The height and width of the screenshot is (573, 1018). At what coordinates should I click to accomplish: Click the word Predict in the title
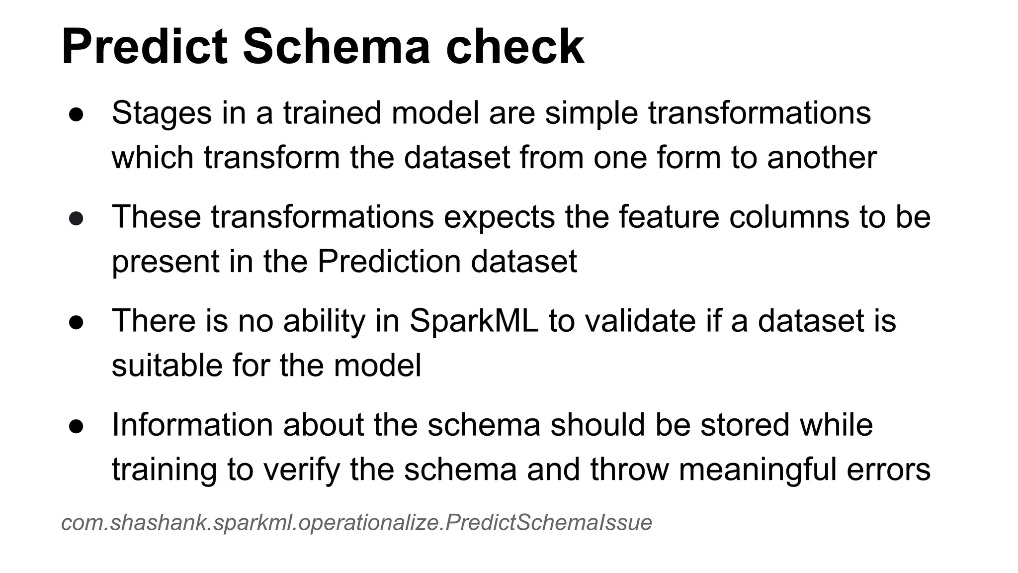tap(144, 47)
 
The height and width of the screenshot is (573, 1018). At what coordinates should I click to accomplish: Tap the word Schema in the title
tap(336, 47)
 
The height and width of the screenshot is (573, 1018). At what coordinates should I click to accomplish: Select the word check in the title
tap(515, 47)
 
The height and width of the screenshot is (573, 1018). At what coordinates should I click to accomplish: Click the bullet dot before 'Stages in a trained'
tap(76, 114)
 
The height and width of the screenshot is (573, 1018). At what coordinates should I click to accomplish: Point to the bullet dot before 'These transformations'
tap(76, 218)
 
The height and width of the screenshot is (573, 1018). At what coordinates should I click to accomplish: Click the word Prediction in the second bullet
tap(389, 262)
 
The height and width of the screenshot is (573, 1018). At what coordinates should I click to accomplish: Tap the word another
tap(822, 158)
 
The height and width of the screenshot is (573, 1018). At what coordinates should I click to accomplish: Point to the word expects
tap(499, 218)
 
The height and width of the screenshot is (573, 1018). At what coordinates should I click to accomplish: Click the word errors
tap(888, 470)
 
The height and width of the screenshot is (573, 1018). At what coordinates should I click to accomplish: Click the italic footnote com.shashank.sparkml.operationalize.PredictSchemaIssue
tap(356, 523)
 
